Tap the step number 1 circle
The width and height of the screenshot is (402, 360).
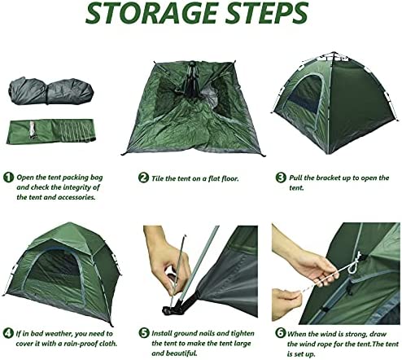[8, 178]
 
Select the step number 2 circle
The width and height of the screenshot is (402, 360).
[143, 178]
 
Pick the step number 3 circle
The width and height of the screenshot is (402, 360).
[281, 178]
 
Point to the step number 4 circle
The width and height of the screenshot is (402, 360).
[8, 333]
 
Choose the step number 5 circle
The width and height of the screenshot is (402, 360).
[144, 333]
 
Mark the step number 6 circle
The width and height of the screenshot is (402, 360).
[281, 333]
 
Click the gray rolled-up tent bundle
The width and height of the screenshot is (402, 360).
[51, 91]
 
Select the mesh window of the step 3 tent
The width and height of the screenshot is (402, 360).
[305, 94]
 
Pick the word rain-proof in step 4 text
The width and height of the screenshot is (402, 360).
[78, 344]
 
